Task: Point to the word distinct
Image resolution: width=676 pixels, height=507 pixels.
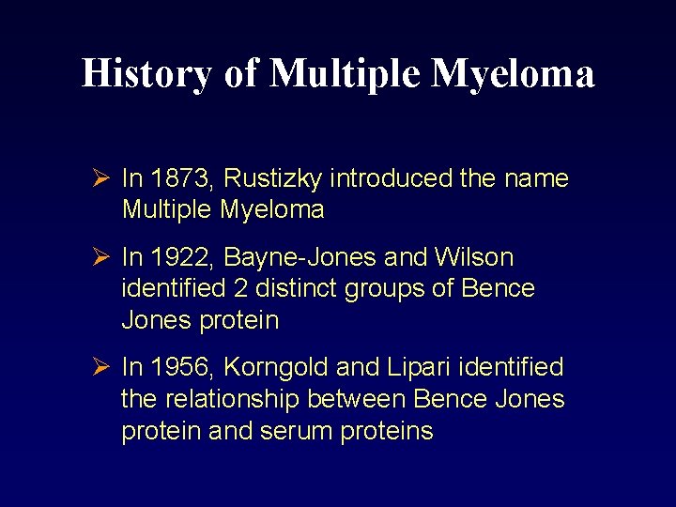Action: coord(296,289)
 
